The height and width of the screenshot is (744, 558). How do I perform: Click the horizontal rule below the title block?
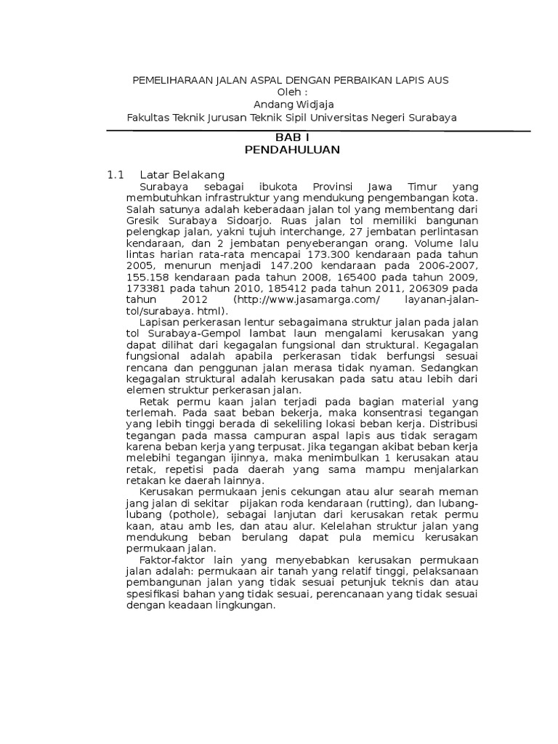(x=318, y=129)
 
